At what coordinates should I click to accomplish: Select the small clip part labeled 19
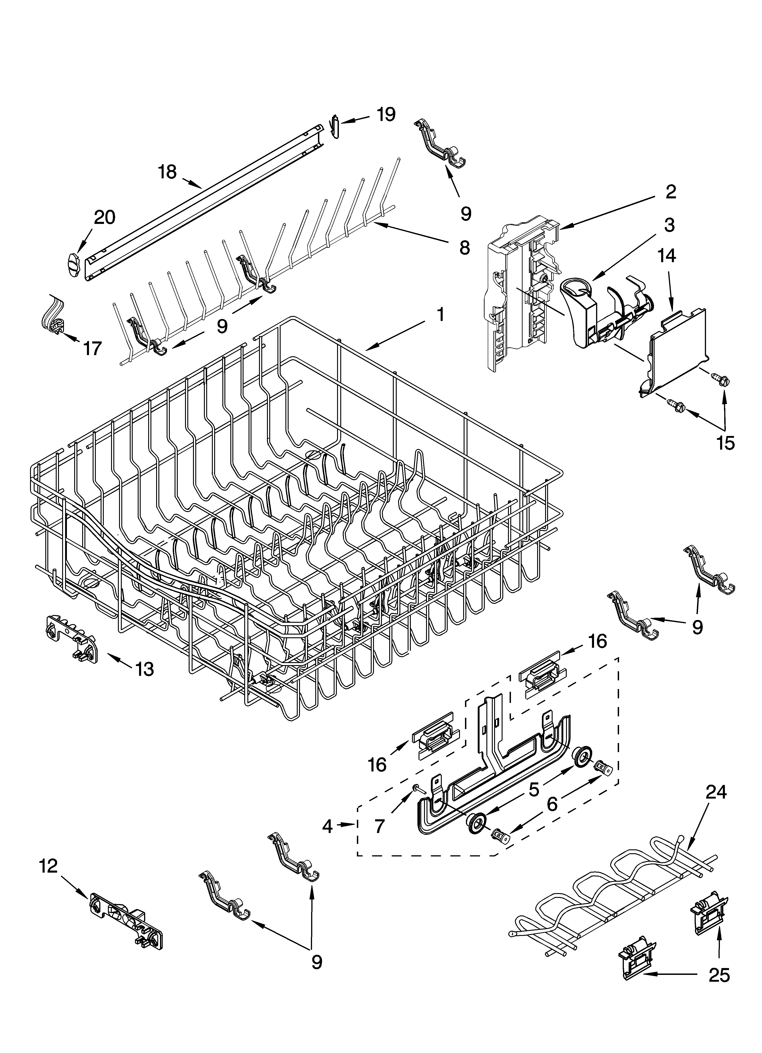[336, 126]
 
